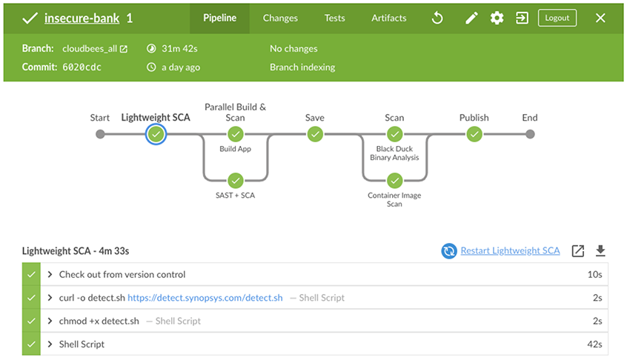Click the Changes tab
pos(280,18)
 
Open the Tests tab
pos(334,18)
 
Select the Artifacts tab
pos(388,18)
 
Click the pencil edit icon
pos(471,18)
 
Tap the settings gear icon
pos(497,18)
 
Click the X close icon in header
pos(600,18)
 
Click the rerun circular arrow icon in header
pos(437,18)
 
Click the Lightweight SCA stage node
pos(156,134)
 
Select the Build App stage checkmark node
pos(236,134)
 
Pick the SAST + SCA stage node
pos(236,180)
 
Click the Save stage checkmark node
pos(315,134)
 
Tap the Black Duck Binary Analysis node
pos(394,134)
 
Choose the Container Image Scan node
pos(394,180)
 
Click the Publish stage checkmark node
pos(474,134)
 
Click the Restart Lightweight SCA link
pos(510,250)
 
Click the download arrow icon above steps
pos(600,250)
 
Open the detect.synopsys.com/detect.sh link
pos(205,298)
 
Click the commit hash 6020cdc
pos(82,67)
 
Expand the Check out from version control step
pos(50,274)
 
